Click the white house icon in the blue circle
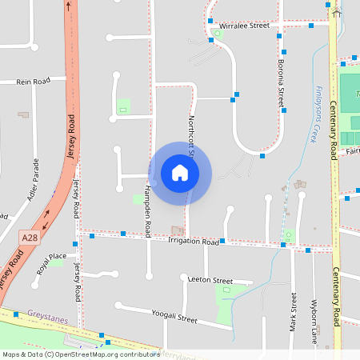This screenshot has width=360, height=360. coord(180,173)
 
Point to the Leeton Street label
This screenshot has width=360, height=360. coord(210,281)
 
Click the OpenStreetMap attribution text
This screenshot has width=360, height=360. coord(80,354)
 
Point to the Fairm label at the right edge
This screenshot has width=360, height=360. coord(353,150)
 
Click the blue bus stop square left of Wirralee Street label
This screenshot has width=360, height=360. coord(210,21)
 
